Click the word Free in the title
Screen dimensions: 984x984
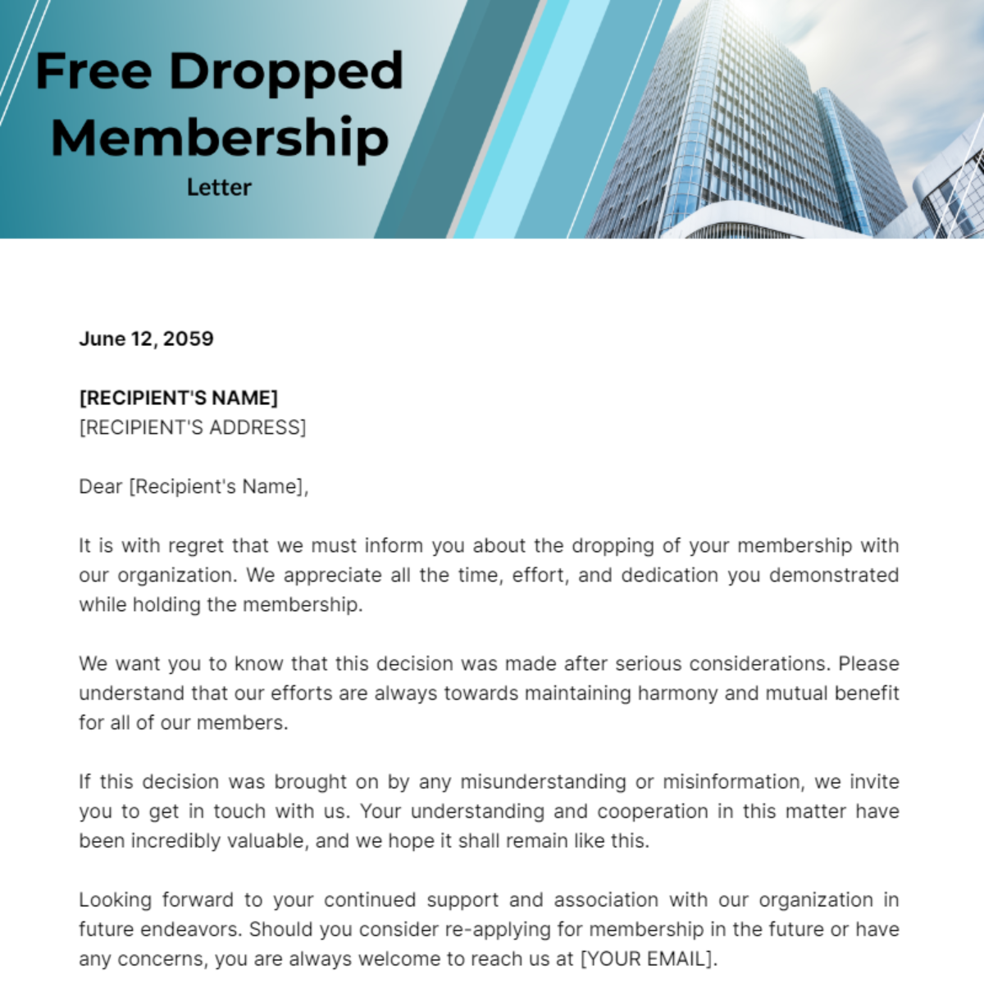(93, 71)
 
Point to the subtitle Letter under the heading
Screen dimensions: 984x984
(219, 187)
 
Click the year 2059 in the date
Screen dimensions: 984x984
(189, 339)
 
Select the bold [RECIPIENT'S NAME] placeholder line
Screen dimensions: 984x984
(178, 398)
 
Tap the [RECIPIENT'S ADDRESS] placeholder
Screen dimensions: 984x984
(192, 427)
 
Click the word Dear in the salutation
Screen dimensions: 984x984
(100, 486)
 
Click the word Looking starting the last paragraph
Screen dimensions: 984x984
(115, 900)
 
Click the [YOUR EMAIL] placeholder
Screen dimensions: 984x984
(646, 959)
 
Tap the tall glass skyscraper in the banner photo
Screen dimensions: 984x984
(738, 123)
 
